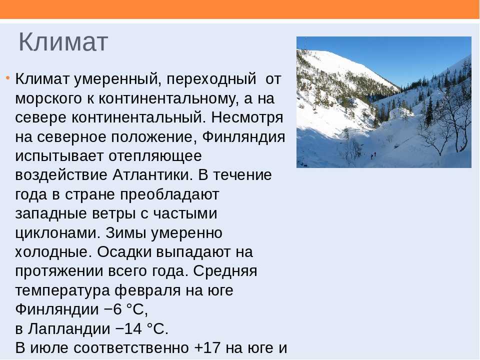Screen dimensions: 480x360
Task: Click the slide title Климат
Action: coord(63,42)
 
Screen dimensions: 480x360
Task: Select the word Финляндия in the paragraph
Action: coord(243,137)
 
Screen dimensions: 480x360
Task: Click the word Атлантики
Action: coord(152,175)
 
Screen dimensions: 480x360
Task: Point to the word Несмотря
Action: coord(247,117)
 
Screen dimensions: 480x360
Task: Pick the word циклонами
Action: coord(57,233)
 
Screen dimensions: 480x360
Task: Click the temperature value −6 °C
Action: coord(126,309)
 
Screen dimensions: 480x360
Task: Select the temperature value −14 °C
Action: coord(142,329)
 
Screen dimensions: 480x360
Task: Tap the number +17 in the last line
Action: coord(207,348)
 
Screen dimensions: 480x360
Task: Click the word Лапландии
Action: coord(69,329)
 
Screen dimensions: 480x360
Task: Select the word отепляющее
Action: coord(155,156)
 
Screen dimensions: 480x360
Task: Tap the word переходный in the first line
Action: coord(211,79)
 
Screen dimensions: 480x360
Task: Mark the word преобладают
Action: coord(169,194)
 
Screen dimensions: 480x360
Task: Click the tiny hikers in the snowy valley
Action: coord(373,155)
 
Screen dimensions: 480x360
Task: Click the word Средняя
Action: coord(225,271)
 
